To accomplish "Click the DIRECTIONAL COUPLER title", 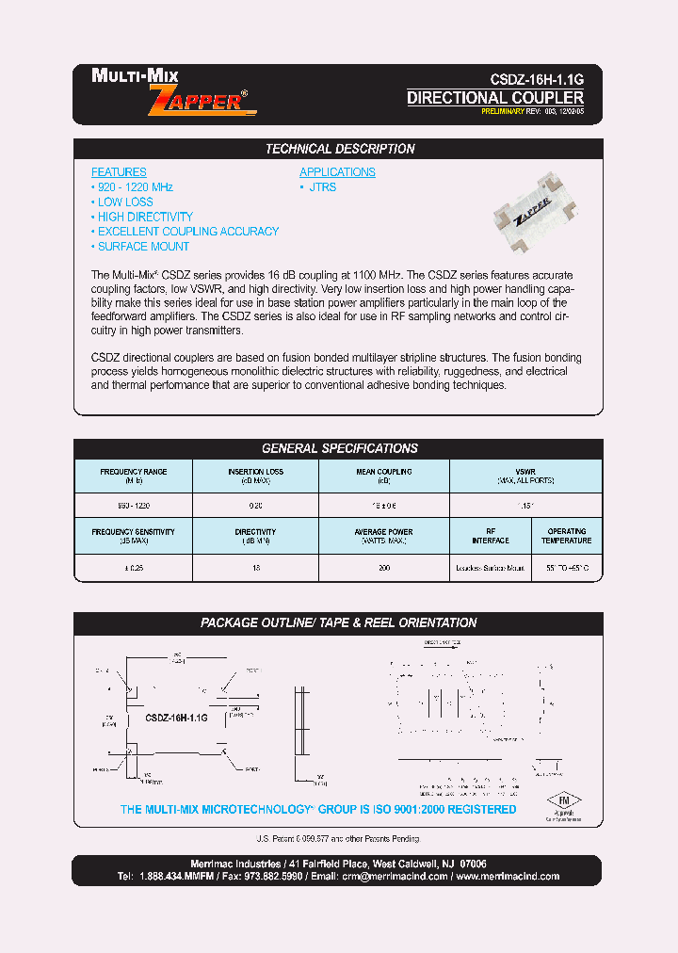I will (x=495, y=98).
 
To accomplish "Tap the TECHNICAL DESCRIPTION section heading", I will (x=339, y=149).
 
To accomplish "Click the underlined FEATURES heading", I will (x=119, y=172).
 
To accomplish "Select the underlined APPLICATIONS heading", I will (x=337, y=172).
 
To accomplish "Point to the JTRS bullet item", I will (x=321, y=187).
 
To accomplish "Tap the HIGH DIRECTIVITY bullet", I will (x=144, y=217).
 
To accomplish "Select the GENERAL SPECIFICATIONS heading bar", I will (x=339, y=448).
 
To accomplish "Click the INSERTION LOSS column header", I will (x=255, y=476).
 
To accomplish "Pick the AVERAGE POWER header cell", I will (x=383, y=536).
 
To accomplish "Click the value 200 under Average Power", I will (x=384, y=569).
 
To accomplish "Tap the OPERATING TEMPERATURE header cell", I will (x=566, y=536).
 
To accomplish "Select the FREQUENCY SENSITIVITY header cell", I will (x=133, y=536).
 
